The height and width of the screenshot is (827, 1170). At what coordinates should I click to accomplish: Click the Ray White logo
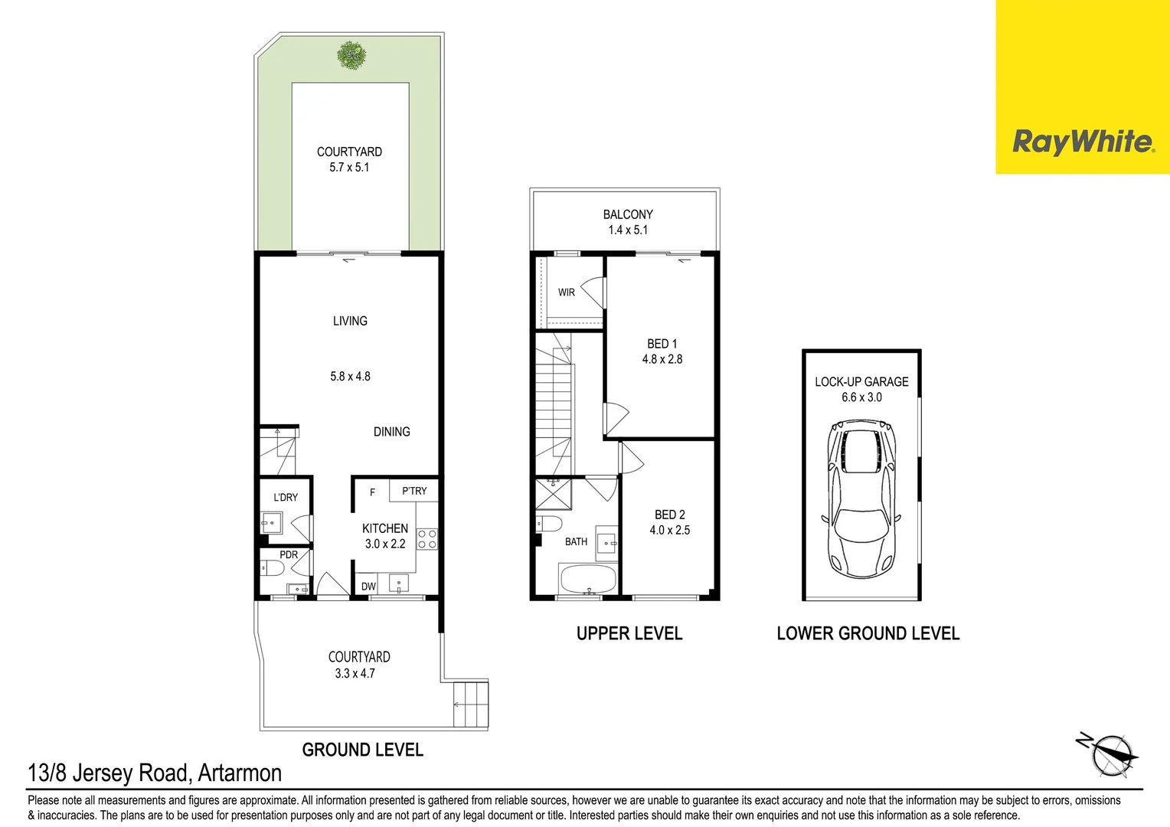tap(1082, 142)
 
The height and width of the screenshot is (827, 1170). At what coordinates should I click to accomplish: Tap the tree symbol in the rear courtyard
tap(351, 54)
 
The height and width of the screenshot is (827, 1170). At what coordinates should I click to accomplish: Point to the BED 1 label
tap(662, 344)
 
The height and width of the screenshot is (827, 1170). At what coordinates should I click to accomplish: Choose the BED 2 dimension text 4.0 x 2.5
tap(669, 530)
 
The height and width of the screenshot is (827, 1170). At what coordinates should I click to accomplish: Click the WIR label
tap(566, 293)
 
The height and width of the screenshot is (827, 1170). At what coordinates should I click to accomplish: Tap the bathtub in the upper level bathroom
tap(588, 579)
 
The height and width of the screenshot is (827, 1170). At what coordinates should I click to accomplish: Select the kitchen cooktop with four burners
tap(426, 539)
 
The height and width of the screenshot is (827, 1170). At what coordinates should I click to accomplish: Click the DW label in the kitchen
tap(368, 587)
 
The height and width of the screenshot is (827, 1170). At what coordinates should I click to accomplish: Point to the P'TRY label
tap(414, 491)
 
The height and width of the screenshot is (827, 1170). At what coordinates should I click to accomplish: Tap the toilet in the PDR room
tap(272, 568)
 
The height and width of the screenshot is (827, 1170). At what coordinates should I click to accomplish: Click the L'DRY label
tap(286, 497)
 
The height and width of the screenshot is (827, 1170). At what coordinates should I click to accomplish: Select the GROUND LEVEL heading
tap(362, 750)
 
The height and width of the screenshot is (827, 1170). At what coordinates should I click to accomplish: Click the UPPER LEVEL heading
tap(629, 633)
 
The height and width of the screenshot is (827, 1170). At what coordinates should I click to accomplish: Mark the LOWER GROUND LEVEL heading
tap(868, 633)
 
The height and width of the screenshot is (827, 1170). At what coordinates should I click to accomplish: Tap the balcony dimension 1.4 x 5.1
tap(628, 230)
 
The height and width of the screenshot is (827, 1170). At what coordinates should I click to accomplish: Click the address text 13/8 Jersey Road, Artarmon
tap(155, 773)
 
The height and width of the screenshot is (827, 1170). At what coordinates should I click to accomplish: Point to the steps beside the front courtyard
tap(470, 704)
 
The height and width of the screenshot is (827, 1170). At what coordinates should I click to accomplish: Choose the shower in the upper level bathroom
tap(553, 494)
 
